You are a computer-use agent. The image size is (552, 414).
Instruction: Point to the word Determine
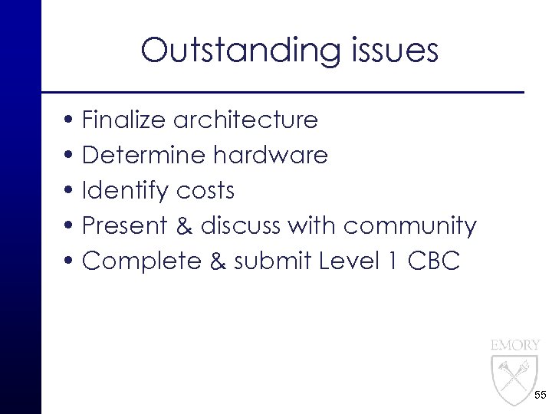[143, 156]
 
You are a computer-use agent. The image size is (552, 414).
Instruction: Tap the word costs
[205, 191]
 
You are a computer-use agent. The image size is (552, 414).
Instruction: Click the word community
[410, 226]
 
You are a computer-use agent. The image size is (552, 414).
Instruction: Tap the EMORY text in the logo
[515, 345]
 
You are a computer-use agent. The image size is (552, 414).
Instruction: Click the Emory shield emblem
[514, 380]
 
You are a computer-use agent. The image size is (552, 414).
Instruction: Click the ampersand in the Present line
[184, 226]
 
